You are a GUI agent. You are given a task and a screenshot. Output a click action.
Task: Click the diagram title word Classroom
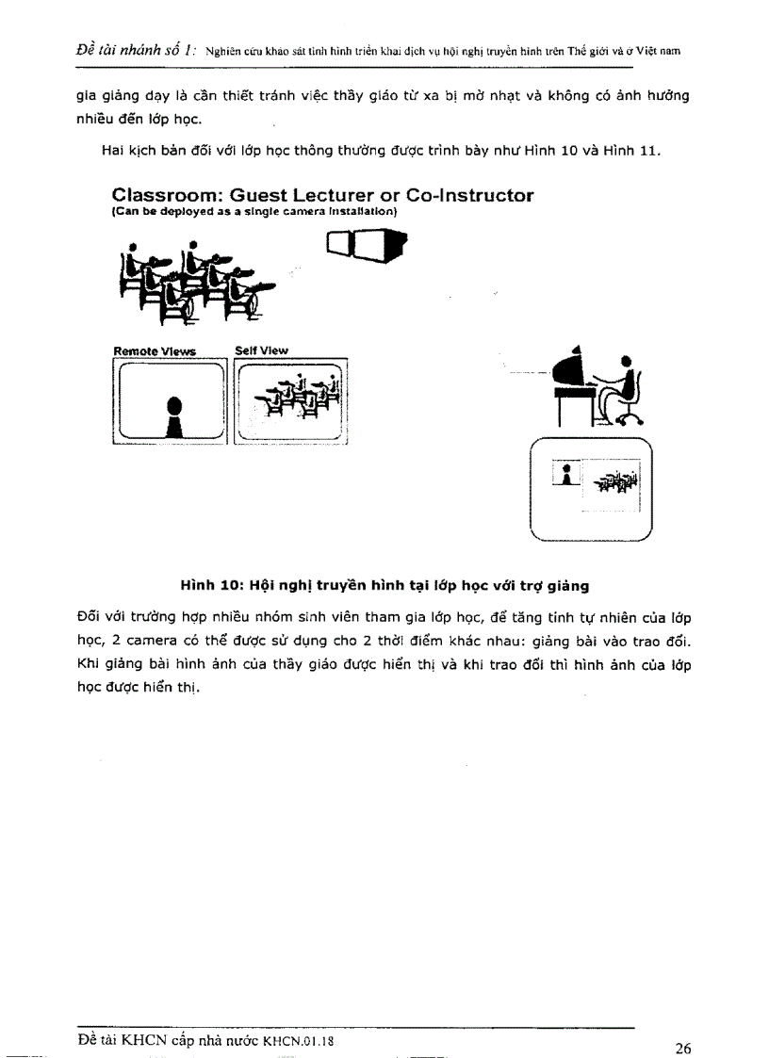tap(165, 196)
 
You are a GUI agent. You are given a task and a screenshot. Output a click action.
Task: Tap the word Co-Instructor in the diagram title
tap(469, 196)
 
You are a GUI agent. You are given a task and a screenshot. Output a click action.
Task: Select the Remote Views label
tap(155, 351)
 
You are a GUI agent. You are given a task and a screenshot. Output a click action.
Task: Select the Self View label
tap(261, 350)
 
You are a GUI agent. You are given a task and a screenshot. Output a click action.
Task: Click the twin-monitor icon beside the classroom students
tap(366, 248)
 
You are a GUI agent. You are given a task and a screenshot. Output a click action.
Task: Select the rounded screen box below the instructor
tap(592, 490)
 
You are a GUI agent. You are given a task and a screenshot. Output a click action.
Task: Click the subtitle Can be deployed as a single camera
tap(254, 213)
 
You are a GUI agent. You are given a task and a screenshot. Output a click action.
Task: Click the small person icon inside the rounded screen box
tap(565, 474)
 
